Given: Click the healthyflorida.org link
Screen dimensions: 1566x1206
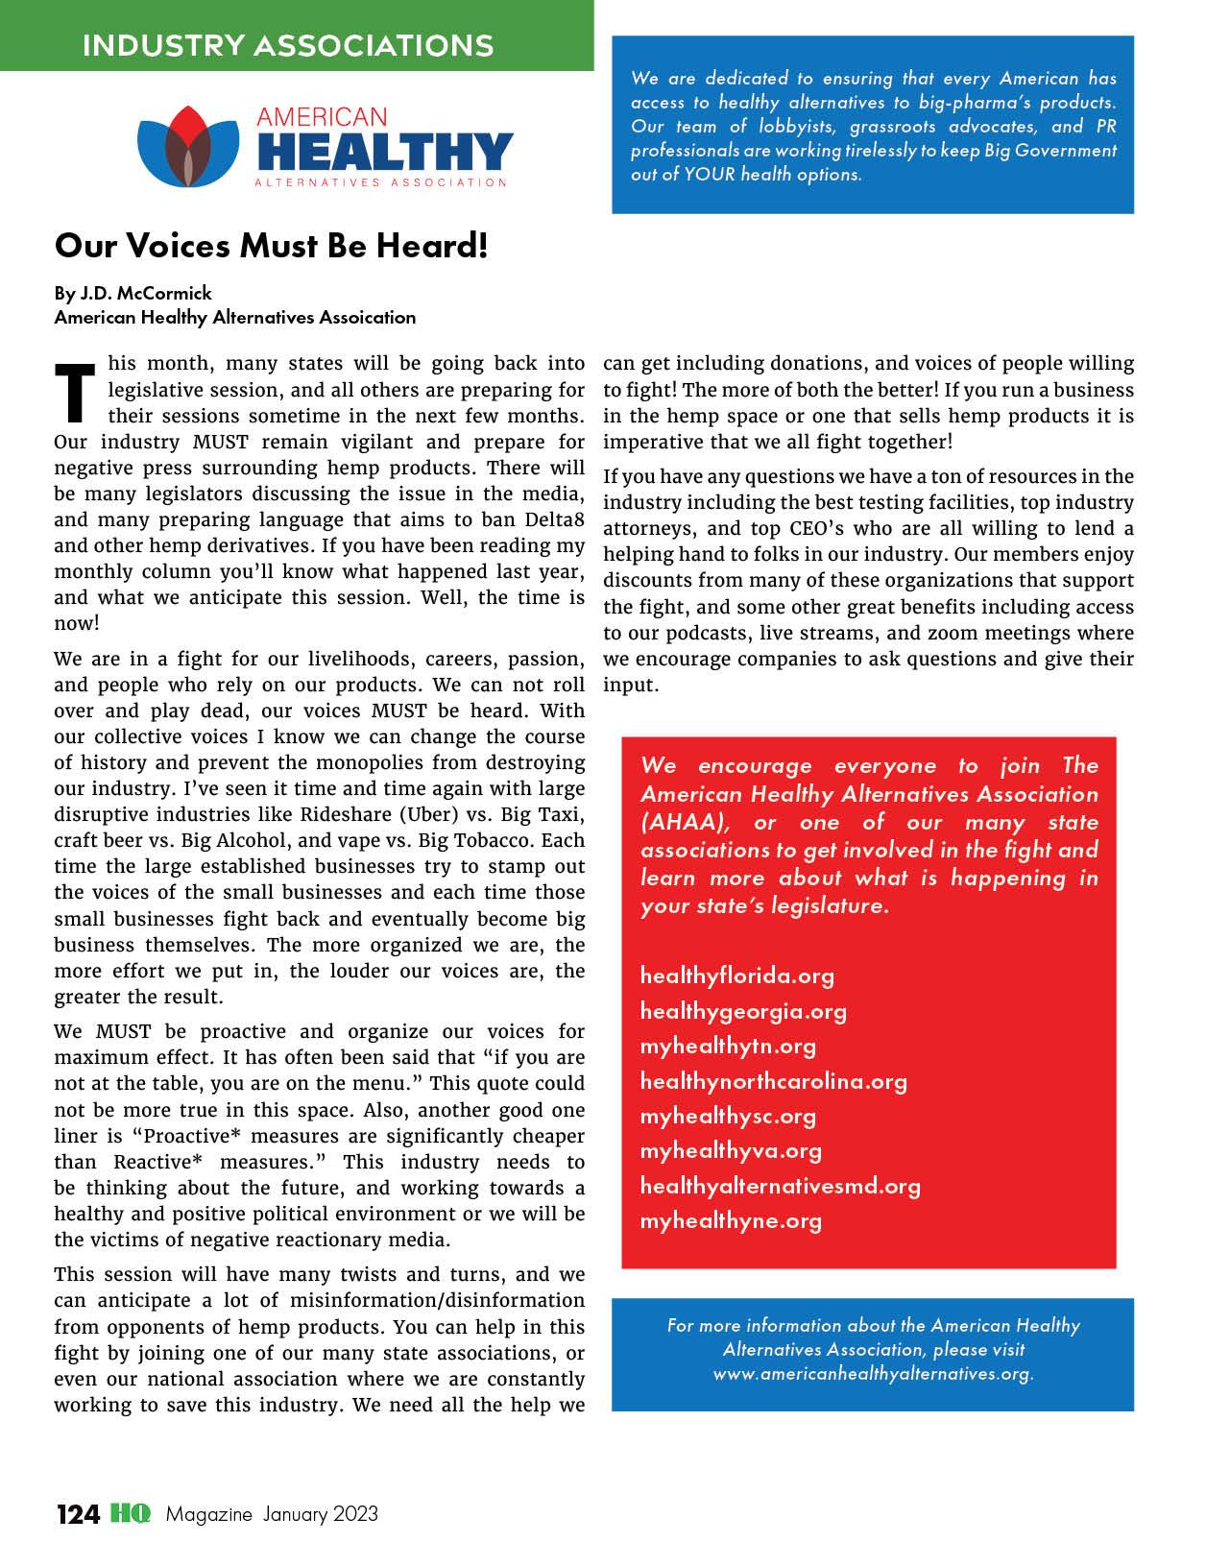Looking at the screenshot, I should pos(736,976).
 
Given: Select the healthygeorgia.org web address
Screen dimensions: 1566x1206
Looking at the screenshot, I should pos(743,1011).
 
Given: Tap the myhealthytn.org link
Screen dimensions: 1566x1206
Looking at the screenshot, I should pos(728,1046).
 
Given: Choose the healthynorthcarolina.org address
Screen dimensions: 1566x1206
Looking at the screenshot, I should pos(773,1081).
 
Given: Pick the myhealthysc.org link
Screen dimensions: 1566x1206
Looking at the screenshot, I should pos(728,1116).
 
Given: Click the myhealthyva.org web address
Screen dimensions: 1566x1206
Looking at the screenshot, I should pos(731,1150).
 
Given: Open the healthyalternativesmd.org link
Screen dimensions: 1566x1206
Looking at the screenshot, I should pos(780,1186).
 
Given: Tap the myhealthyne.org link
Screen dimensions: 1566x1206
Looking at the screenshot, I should pos(731,1220).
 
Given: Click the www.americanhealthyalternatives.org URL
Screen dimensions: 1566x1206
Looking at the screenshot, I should pos(872,1373).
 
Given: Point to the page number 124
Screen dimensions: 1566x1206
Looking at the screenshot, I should pos(78,1514).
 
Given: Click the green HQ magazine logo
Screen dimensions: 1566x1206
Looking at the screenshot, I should pos(130,1514).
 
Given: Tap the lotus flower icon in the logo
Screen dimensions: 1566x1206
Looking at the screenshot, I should pos(187,147).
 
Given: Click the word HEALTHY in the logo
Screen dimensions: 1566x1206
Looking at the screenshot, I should pos(384,153).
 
